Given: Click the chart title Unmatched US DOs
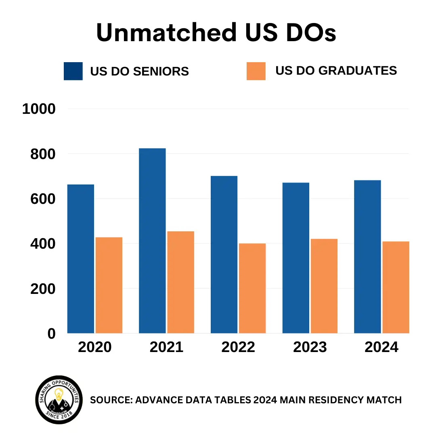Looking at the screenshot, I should (216, 33).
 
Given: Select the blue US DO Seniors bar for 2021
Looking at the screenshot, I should (152, 241).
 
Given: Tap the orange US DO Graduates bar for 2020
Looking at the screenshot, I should (109, 285).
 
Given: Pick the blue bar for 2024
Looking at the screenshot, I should (367, 257).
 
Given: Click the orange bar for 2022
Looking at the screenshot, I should (252, 288).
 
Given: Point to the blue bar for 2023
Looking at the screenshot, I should (296, 258).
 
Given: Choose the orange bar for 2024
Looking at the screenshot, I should (396, 287).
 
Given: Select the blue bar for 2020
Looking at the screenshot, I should (81, 259).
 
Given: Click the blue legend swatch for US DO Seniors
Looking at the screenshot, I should (73, 71).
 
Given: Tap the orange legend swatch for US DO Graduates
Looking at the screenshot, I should (256, 71).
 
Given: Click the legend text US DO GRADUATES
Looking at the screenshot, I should (336, 71).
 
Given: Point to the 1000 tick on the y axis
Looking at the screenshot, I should (38, 109).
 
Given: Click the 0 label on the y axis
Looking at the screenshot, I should (51, 334).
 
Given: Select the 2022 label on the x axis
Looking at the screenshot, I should (238, 347).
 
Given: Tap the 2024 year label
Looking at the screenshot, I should (381, 347).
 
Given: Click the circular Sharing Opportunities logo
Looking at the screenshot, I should (59, 400).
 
